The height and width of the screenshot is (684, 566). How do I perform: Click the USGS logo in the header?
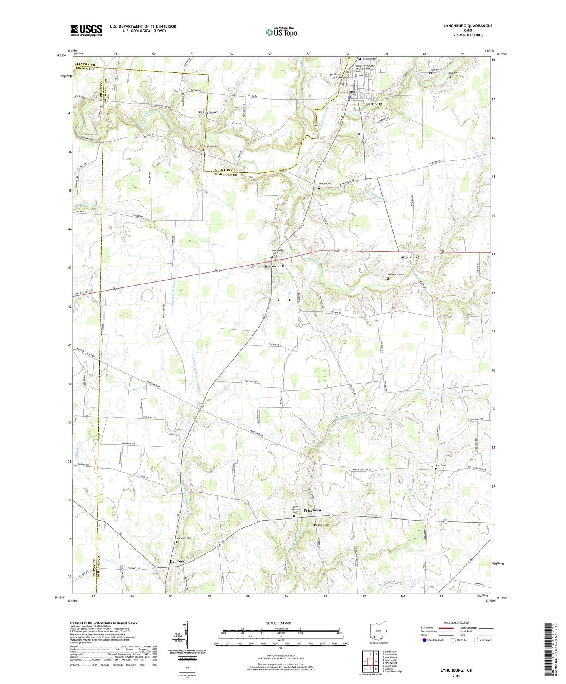[86, 30]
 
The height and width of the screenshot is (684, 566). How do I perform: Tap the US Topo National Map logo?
[281, 32]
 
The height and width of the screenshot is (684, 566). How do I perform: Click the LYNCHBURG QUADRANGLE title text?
[468, 26]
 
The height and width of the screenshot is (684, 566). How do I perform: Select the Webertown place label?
[209, 112]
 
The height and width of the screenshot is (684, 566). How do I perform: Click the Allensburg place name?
[410, 257]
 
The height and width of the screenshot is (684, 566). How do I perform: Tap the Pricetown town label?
[312, 510]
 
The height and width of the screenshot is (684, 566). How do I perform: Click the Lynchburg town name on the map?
[373, 104]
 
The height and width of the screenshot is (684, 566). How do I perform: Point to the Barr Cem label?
[440, 466]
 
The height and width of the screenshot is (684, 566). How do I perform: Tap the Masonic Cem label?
[369, 58]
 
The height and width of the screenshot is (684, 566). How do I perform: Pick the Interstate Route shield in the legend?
[424, 640]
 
